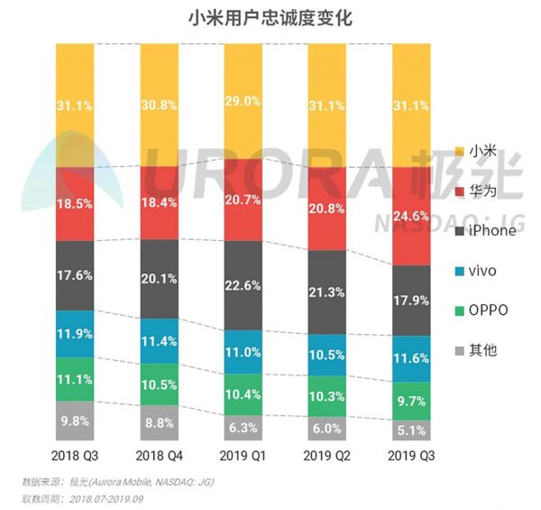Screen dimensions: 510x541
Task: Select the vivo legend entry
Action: coord(481,270)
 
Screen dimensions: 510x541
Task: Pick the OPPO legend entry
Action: coord(484,310)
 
